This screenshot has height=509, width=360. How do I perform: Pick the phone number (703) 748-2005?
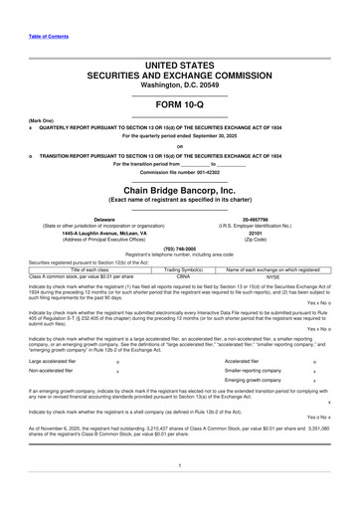pos(180,250)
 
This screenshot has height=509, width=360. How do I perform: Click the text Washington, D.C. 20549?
pos(180,86)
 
